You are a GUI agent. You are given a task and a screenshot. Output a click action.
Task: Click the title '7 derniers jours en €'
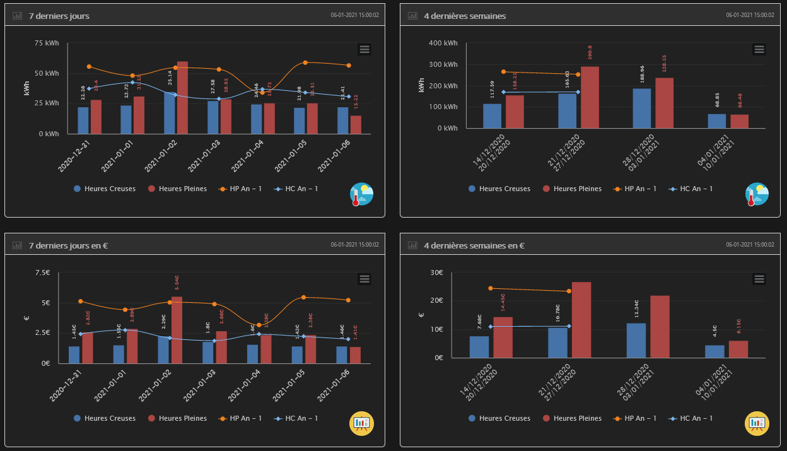[x=68, y=245]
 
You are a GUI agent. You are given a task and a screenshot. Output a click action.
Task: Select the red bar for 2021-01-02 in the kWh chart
[x=183, y=98]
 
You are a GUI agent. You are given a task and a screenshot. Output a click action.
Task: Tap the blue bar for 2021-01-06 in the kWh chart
[x=342, y=120]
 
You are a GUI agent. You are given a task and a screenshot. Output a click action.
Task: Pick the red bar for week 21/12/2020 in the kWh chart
[x=590, y=98]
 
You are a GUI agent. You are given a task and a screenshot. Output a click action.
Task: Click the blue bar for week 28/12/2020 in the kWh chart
[x=642, y=108]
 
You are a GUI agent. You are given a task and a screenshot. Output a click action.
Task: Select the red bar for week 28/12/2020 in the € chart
[x=660, y=327]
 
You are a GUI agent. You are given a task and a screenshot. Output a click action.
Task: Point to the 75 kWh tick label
[x=47, y=43]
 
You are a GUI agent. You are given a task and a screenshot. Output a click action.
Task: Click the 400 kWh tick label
[x=443, y=43]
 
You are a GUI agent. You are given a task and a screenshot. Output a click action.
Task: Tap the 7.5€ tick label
[x=43, y=272]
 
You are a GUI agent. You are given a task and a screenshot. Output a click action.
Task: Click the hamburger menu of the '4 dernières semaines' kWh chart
[x=759, y=49]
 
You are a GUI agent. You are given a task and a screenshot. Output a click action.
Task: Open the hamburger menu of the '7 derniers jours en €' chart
[x=364, y=279]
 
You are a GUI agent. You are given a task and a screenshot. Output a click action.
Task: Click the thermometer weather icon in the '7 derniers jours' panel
[x=362, y=194]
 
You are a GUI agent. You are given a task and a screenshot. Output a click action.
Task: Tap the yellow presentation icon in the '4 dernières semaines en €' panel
[x=757, y=423]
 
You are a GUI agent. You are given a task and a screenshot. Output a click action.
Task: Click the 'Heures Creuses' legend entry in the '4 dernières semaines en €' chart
[x=499, y=418]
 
